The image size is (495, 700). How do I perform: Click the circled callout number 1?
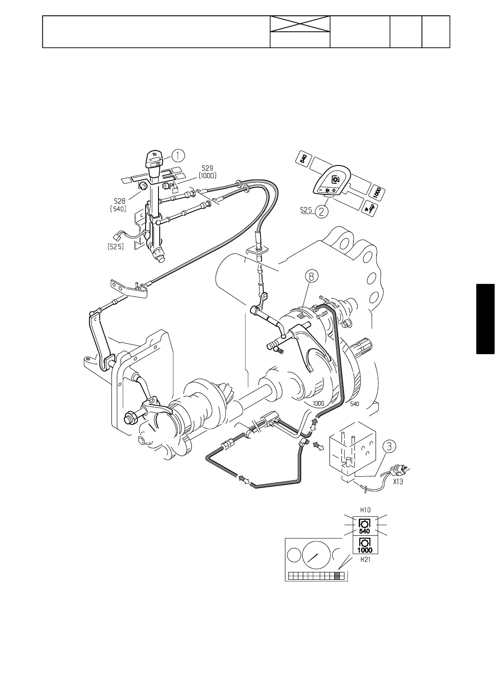(178, 155)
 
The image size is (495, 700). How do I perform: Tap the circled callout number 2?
(322, 212)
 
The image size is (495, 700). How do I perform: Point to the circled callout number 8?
(312, 276)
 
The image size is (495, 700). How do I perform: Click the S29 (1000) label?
(207, 172)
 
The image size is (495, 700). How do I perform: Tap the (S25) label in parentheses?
(114, 247)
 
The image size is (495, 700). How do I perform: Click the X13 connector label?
(398, 482)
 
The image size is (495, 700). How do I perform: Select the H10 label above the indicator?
(365, 510)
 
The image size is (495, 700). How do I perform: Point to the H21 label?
(365, 560)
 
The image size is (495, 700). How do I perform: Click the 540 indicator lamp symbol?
(364, 526)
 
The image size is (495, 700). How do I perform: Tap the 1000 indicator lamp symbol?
(364, 545)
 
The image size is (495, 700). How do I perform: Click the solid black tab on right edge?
(485, 319)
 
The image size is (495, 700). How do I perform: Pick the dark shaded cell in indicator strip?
(337, 576)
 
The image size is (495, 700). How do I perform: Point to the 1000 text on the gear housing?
(319, 403)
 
